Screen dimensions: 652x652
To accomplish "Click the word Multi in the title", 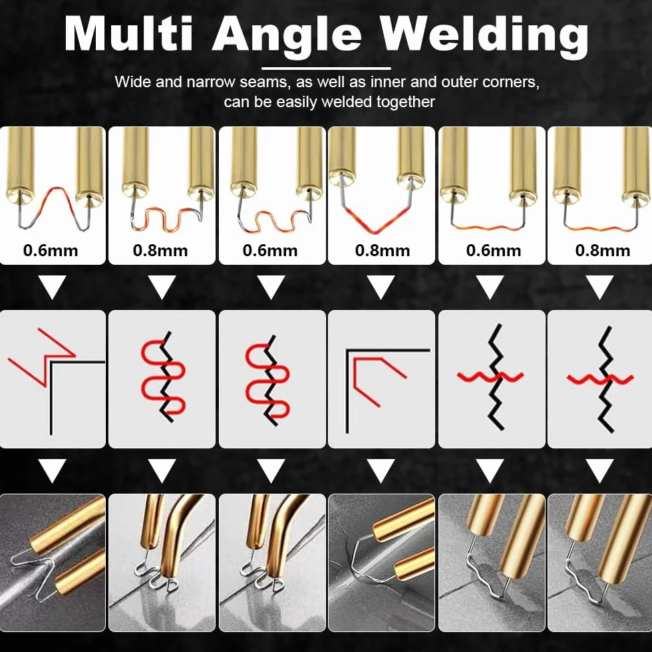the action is pos(129,34).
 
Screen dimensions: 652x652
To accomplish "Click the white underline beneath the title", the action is pos(327,68).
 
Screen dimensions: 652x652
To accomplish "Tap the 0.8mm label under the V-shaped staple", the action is pos(383,251).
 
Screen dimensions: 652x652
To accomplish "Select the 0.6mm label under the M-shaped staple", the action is pos(51,251).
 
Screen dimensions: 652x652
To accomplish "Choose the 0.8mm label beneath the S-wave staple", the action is pos(160,251).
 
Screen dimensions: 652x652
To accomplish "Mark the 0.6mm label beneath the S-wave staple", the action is pos(270,251).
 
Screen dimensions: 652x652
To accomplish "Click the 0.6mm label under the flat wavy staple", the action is pos(494,251).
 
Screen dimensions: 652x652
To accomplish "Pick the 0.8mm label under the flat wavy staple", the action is pos(603,251).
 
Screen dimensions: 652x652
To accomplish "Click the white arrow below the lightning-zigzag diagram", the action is pos(52,471).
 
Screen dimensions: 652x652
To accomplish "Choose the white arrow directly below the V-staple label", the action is pos(381,287).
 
